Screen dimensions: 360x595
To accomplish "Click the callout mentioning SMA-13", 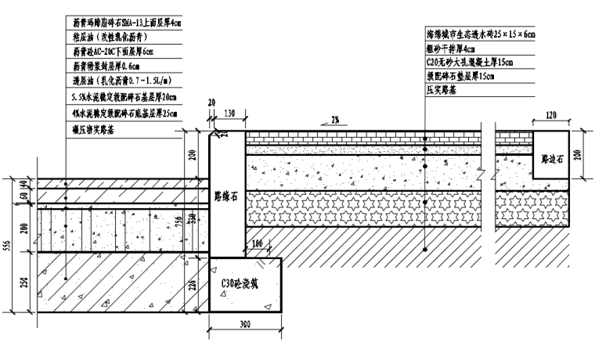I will [x=128, y=24].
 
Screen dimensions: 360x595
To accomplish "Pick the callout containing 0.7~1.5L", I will [x=121, y=81].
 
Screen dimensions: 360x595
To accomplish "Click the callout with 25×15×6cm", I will [x=479, y=35].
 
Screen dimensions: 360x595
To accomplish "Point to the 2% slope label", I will [x=334, y=119].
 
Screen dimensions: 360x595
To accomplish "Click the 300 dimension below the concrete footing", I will [x=245, y=325].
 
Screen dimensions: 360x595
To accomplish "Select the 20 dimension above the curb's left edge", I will [x=211, y=103].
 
